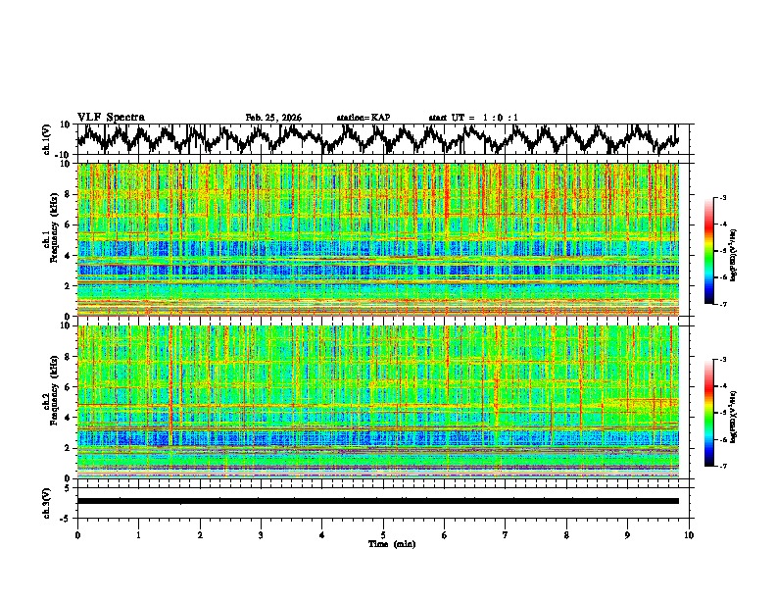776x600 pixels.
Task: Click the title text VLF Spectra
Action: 111,117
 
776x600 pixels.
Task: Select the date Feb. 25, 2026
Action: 273,118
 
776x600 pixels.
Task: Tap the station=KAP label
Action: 364,118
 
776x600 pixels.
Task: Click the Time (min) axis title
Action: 391,543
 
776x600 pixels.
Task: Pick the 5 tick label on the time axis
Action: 383,534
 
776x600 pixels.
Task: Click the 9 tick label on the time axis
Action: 628,534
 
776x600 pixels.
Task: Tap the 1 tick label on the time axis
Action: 138,534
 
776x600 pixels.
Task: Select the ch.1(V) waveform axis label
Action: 48,139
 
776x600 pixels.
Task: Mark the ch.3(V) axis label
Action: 48,501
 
